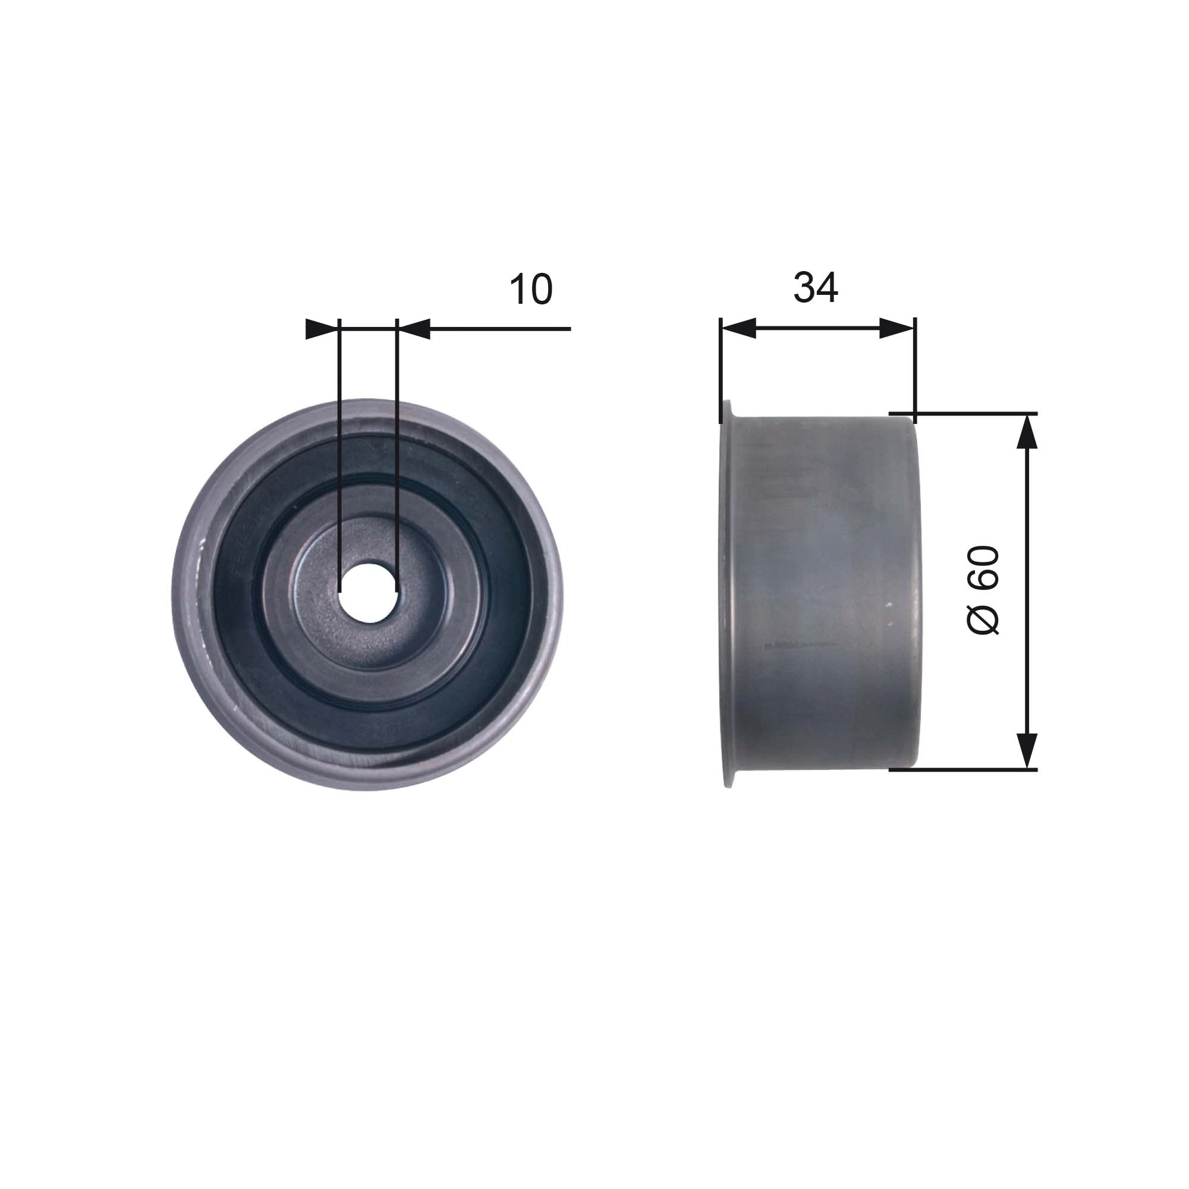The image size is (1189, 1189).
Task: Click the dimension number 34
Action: coord(816,287)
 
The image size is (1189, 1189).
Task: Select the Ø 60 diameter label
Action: coord(983,590)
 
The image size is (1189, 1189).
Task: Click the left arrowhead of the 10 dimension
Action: coord(322,329)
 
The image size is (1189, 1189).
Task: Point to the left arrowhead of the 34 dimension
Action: coord(738,329)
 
